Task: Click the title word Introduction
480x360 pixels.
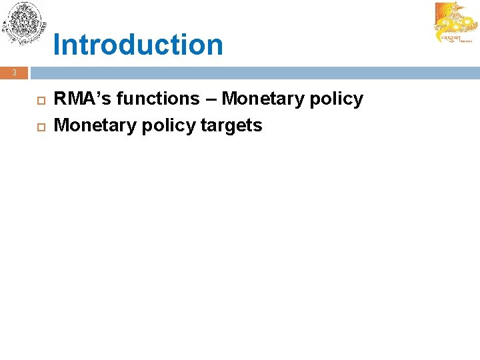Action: point(138,45)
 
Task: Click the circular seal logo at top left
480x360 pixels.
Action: point(24,25)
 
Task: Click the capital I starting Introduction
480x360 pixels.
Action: point(57,45)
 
